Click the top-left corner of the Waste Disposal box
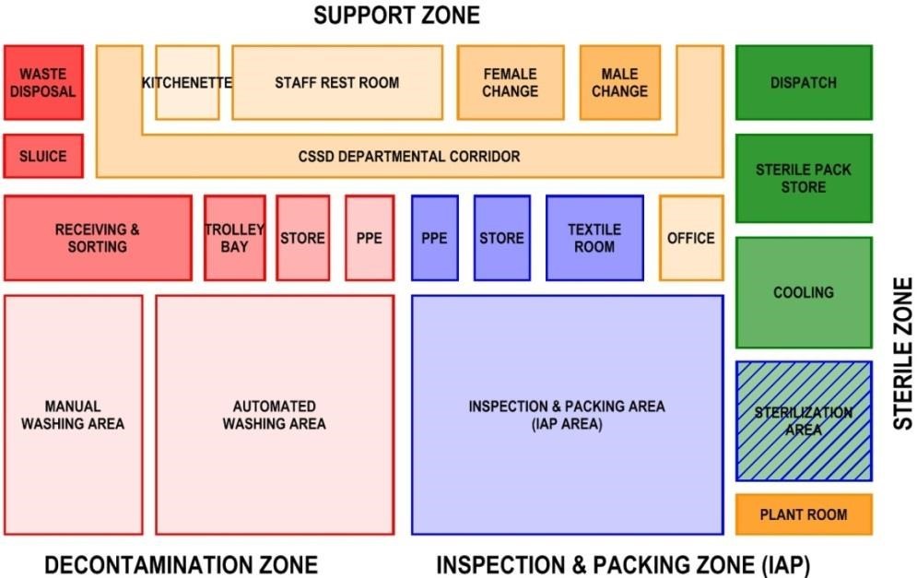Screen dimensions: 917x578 coord(4,46)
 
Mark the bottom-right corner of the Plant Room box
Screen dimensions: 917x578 coord(873,535)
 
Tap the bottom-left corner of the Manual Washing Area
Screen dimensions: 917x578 coord(4,534)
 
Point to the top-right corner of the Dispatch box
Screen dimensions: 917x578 coord(873,46)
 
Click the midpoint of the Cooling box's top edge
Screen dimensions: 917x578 coord(805,238)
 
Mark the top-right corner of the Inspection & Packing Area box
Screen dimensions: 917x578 coord(723,295)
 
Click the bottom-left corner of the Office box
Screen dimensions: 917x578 coord(660,280)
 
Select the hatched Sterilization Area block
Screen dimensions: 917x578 coord(805,421)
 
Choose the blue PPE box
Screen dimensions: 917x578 coord(434,238)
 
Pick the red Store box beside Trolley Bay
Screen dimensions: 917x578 coord(303,238)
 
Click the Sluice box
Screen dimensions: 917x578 coord(43,156)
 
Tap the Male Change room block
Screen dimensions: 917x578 coord(620,82)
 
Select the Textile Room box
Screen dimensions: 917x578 coord(594,238)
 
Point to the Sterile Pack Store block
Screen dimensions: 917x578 coord(805,179)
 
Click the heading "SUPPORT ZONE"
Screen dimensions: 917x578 coord(396,15)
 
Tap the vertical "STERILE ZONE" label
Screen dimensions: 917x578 coord(903,353)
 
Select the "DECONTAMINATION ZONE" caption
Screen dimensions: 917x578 coord(182,565)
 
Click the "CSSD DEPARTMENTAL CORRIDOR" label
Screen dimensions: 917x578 coord(409,157)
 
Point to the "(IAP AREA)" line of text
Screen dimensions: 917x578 coord(567,424)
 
